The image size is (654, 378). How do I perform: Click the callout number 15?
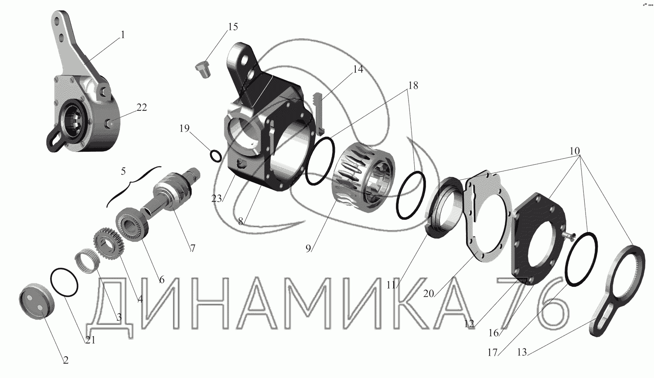tap(233, 27)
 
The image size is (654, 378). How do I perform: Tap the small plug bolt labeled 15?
tap(202, 69)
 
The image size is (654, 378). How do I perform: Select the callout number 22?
tap(142, 107)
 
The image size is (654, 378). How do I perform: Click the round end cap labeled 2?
tap(37, 301)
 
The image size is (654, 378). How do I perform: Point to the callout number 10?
tap(574, 151)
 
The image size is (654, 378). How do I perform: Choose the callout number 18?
tap(413, 85)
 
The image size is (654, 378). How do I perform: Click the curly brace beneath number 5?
tap(133, 185)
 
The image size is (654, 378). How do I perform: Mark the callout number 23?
tap(217, 198)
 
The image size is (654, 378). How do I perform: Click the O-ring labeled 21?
tap(64, 282)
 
